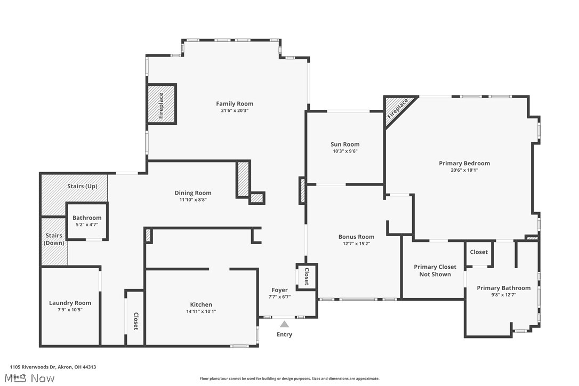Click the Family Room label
click(235, 104)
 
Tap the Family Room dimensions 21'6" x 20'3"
click(235, 111)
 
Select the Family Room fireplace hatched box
click(161, 104)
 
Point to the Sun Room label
click(345, 144)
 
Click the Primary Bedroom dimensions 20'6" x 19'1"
click(464, 171)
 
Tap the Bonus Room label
click(356, 237)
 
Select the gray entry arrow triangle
click(285, 324)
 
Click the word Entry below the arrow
click(284, 335)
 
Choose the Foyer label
click(279, 290)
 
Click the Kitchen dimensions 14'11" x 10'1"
click(201, 312)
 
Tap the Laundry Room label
click(70, 303)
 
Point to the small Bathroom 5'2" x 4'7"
click(87, 221)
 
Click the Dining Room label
click(193, 193)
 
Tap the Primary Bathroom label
click(503, 288)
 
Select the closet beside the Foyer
click(307, 276)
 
